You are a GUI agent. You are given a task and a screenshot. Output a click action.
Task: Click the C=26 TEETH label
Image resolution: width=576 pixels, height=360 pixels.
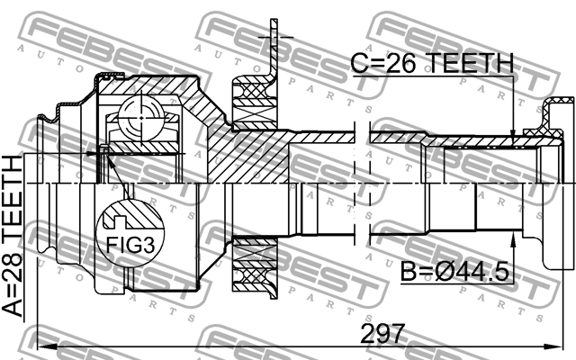click(431, 64)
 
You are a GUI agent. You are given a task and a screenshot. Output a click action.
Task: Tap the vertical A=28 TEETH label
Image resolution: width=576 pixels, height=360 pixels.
click(16, 236)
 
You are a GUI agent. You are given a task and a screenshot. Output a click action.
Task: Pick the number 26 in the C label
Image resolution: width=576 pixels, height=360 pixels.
click(403, 64)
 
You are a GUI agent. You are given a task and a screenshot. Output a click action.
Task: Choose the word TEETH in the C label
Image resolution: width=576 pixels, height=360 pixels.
click(467, 64)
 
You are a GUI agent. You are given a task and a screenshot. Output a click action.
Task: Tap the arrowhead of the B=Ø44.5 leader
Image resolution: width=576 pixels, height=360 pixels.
click(512, 236)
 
